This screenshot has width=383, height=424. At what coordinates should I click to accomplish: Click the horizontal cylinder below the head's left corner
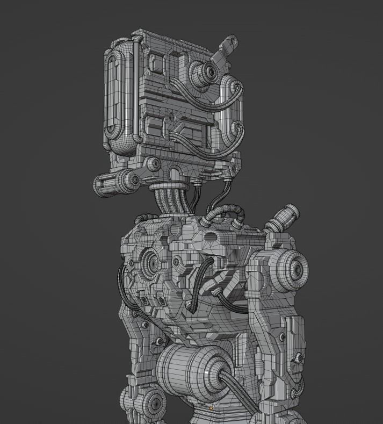click(x=115, y=182)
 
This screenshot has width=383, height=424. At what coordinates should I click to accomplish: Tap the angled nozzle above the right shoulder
click(x=283, y=218)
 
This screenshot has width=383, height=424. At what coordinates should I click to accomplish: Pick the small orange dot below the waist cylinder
click(x=212, y=409)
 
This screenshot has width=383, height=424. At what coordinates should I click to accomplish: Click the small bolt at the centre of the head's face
click(x=171, y=115)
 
